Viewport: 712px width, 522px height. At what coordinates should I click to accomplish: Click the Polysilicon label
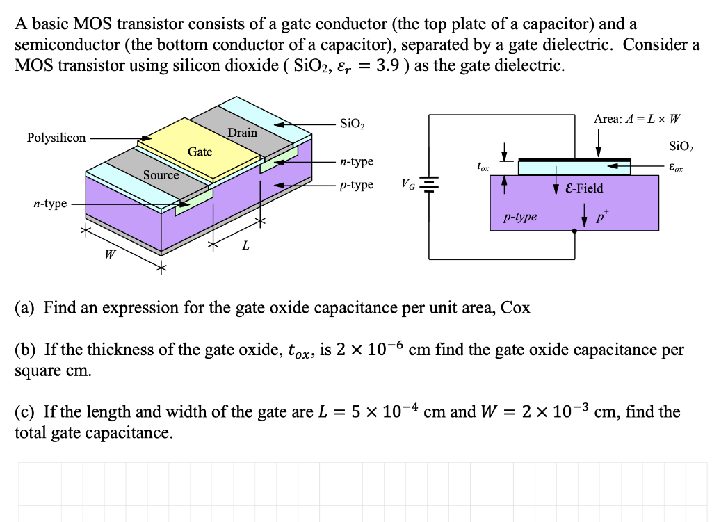[56, 138]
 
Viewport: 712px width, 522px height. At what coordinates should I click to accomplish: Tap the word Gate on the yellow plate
[200, 152]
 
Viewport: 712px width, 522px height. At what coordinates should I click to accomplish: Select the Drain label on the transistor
[242, 132]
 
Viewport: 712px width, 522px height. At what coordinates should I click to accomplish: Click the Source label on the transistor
[161, 175]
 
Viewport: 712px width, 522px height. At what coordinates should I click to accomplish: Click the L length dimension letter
[245, 246]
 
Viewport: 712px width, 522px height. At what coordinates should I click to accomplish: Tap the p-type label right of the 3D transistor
[357, 185]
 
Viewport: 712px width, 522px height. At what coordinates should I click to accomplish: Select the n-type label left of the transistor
[50, 203]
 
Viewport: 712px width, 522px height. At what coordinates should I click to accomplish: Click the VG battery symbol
[430, 185]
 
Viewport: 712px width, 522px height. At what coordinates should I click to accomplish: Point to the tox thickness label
[483, 167]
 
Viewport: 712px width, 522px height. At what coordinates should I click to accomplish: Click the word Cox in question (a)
[515, 307]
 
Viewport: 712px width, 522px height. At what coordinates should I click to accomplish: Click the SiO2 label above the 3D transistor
[353, 124]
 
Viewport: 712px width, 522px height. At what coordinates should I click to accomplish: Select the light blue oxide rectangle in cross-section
[556, 167]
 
